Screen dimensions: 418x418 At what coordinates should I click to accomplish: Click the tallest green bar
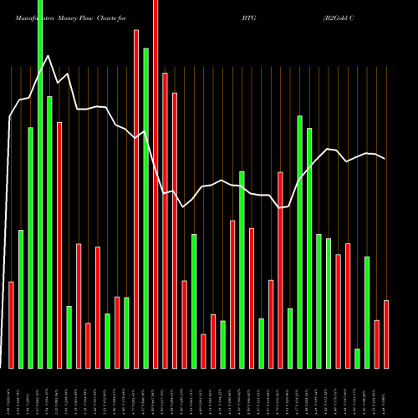40,184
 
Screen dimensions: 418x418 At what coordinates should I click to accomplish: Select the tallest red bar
155,184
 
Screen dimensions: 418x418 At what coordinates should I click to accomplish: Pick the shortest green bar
357,359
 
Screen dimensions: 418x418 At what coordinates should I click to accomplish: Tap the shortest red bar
203,351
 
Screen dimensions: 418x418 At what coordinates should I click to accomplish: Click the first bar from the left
12,325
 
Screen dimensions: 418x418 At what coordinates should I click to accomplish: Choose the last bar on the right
386,334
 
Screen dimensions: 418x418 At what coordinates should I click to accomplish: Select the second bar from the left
21,299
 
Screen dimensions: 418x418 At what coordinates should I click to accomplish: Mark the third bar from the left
31,248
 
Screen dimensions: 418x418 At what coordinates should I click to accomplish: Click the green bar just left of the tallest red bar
145,208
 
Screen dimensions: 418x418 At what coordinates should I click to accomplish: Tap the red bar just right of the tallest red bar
165,221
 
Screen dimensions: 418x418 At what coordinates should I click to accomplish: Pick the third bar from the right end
367,313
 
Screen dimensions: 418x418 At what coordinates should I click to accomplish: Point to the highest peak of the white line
48,56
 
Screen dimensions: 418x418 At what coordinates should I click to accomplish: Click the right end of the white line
385,159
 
